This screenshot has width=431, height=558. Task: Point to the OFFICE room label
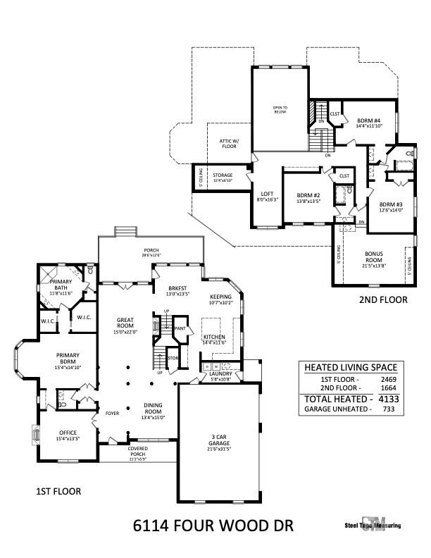click(x=68, y=432)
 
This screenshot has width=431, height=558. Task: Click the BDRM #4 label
click(x=364, y=120)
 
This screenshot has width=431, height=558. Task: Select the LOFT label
click(x=267, y=196)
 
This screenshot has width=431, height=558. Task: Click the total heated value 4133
click(x=384, y=398)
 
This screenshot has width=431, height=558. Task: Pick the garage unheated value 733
click(x=384, y=409)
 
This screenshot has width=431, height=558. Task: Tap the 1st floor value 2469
click(x=384, y=379)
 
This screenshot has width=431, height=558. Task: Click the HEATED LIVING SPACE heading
click(x=350, y=367)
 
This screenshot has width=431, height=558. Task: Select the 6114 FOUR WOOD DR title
click(x=213, y=526)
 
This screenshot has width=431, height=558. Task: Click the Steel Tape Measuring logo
click(x=373, y=526)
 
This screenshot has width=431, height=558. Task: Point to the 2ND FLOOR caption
click(x=383, y=299)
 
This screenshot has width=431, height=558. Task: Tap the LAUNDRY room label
click(x=220, y=377)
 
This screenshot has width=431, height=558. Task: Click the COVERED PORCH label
click(x=137, y=451)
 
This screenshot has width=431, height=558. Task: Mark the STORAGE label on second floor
click(x=223, y=177)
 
